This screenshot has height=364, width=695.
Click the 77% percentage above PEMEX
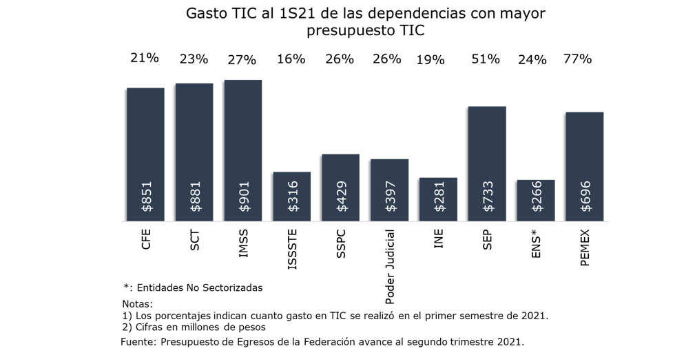(577, 59)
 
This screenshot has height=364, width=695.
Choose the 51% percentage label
(485, 59)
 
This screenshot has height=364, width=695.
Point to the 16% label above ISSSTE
(291, 59)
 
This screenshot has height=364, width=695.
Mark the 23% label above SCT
(194, 59)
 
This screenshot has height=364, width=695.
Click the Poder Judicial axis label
(390, 266)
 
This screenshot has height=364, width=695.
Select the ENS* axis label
(536, 244)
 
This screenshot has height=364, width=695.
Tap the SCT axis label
(195, 240)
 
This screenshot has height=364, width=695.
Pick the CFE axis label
(146, 239)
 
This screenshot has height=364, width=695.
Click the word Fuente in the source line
(138, 342)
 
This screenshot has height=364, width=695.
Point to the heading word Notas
(137, 304)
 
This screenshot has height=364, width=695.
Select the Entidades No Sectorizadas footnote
(200, 287)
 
